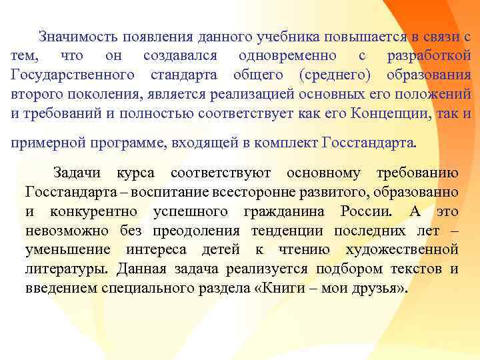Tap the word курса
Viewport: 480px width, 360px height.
coord(136,174)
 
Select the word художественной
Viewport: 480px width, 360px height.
coord(402,250)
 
